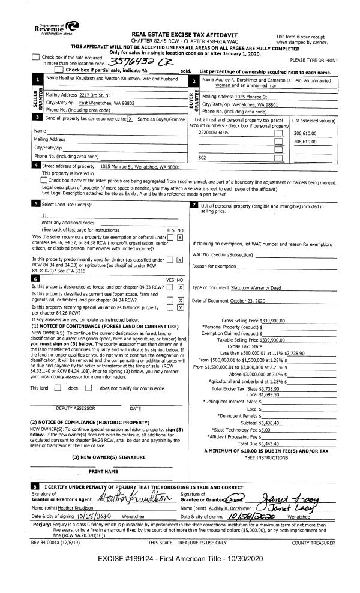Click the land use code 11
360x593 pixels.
tap(44, 215)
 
